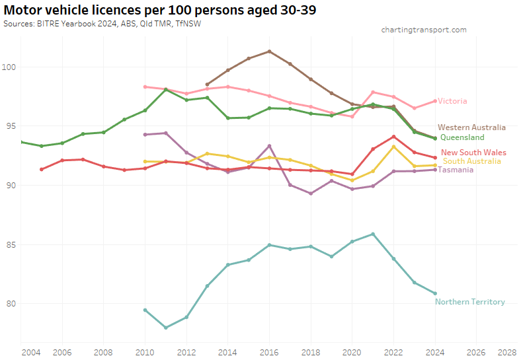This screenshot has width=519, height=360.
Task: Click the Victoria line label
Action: tap(452, 101)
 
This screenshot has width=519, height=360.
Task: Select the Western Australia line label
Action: tap(471, 127)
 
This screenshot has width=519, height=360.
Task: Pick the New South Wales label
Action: tap(473, 153)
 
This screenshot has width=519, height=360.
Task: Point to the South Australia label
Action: tap(471, 161)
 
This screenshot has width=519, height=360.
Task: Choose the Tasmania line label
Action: tap(456, 170)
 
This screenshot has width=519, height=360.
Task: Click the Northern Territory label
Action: tap(469, 302)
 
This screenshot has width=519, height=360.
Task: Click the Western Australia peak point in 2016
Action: tap(269, 51)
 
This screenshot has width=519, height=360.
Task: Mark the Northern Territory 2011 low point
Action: tap(166, 328)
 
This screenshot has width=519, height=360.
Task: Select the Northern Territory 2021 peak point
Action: tap(373, 234)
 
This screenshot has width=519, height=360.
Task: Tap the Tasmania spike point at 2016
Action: tap(269, 146)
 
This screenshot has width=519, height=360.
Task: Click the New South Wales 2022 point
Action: tap(393, 137)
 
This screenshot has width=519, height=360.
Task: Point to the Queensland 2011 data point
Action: tap(166, 89)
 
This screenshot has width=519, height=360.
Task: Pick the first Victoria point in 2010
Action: tap(145, 87)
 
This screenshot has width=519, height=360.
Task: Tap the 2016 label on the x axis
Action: tap(269, 352)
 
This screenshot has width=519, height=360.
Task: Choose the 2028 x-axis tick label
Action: tap(507, 352)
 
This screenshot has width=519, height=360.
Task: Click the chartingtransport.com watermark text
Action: tap(424, 30)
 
